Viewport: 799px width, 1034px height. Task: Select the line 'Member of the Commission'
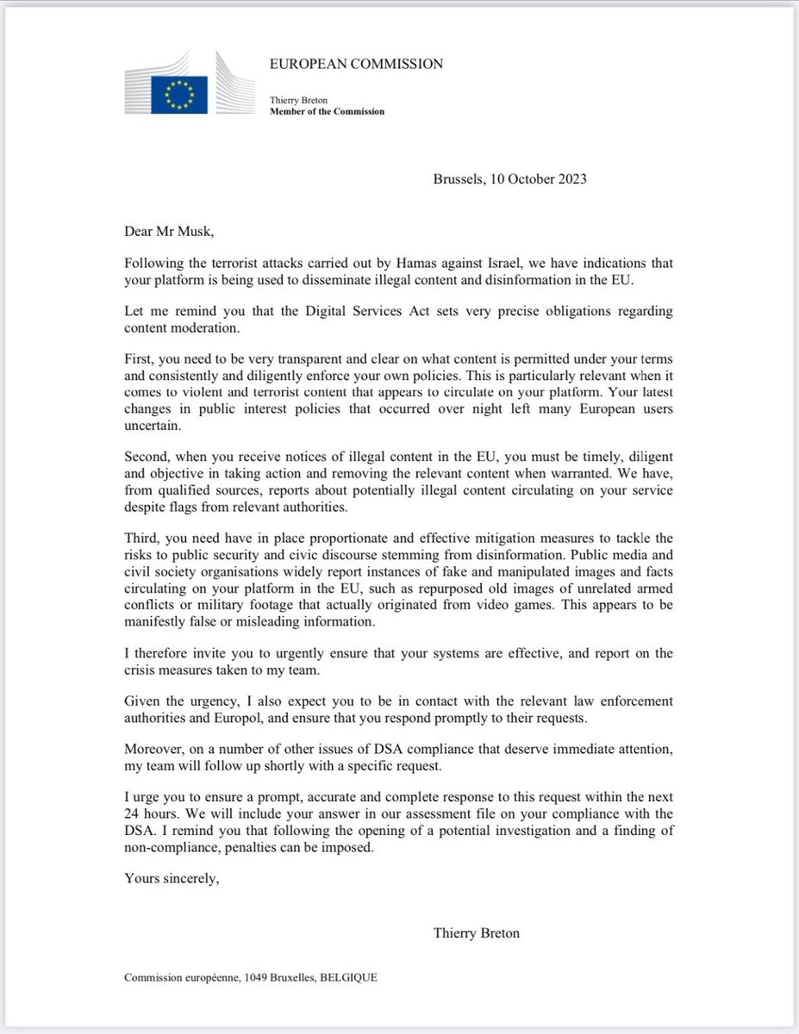click(x=328, y=112)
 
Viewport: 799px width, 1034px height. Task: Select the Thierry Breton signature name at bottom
click(x=478, y=932)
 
